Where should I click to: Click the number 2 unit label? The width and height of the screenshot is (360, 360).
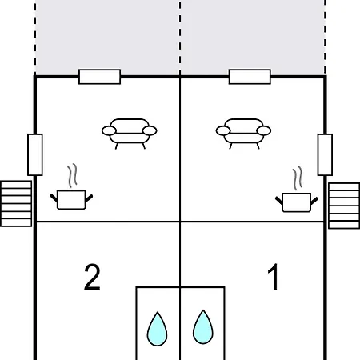[x=92, y=277]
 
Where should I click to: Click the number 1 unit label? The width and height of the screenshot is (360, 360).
[x=274, y=277]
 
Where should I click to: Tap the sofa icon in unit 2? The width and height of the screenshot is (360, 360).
[x=130, y=134]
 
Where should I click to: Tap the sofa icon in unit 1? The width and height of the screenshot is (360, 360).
[x=243, y=134]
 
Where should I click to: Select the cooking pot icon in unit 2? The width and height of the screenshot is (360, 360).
[x=71, y=200]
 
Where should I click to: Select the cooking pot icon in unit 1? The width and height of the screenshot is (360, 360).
[x=296, y=202]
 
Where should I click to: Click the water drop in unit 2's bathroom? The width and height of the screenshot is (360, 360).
[x=158, y=329]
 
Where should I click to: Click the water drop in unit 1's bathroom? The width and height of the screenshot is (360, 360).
[x=203, y=327]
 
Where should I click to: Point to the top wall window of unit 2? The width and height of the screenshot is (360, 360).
[x=100, y=77]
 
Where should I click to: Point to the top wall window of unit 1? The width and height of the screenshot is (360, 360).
[x=250, y=77]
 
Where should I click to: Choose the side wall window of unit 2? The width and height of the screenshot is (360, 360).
[x=35, y=154]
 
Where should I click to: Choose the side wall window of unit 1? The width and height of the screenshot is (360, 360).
[x=325, y=154]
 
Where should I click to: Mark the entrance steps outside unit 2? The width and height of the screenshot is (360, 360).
[x=16, y=204]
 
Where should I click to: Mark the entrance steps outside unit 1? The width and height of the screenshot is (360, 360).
[x=344, y=206]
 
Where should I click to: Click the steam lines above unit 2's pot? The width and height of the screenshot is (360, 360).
[x=72, y=175]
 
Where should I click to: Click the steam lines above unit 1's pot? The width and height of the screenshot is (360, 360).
[x=298, y=178]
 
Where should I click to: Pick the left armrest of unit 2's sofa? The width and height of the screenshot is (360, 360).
[x=109, y=131]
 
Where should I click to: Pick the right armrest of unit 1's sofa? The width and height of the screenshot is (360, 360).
[x=264, y=131]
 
